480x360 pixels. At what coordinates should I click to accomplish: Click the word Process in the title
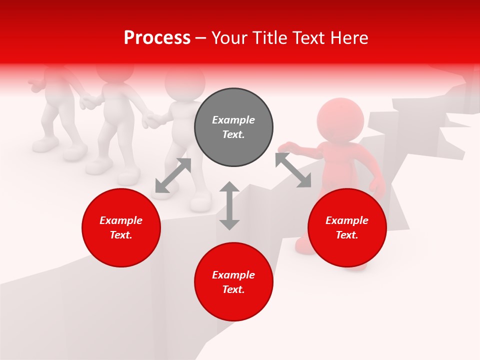click(157, 38)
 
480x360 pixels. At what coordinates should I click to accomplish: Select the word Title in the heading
click(269, 38)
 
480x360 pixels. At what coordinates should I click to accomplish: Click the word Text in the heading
click(307, 38)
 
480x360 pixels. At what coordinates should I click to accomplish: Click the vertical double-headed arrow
click(229, 205)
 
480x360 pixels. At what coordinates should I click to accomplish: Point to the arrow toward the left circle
click(173, 175)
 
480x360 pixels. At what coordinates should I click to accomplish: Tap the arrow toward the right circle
click(293, 170)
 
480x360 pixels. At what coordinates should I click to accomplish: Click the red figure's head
click(340, 120)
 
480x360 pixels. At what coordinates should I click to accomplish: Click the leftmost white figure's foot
click(45, 145)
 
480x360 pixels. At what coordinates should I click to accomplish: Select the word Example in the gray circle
click(233, 120)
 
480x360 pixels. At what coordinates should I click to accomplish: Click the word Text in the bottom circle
click(233, 289)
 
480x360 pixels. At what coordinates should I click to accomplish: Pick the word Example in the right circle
click(347, 220)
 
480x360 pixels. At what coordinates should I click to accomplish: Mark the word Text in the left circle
click(121, 235)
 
